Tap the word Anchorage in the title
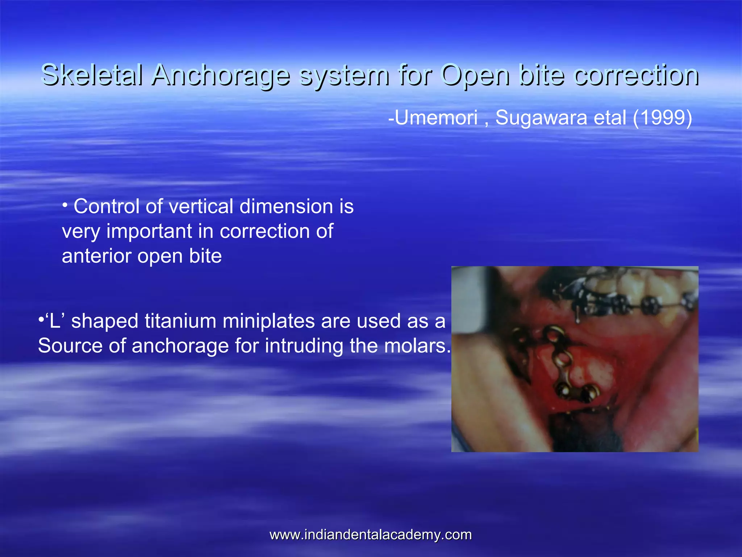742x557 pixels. pyautogui.click(x=221, y=75)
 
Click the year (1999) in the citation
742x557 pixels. pyautogui.click(x=663, y=117)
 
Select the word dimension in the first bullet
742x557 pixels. pyautogui.click(x=286, y=206)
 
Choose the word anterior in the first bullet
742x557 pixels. pyautogui.click(x=96, y=256)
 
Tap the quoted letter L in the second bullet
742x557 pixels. pyautogui.click(x=54, y=321)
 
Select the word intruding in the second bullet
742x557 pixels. pyautogui.click(x=304, y=346)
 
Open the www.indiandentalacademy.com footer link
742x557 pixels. pyautogui.click(x=371, y=535)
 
